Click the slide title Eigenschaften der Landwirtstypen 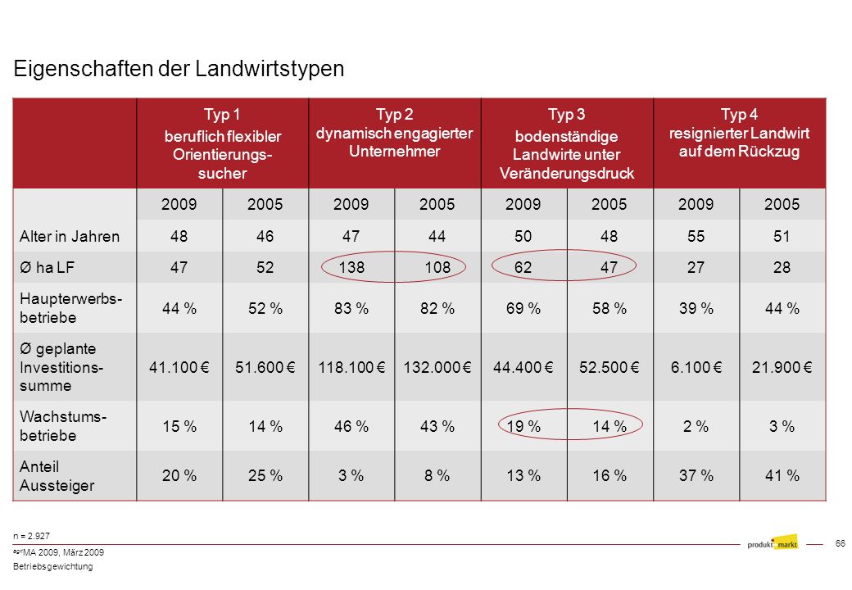179,69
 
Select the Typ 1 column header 222,143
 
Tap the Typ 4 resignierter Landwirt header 739,133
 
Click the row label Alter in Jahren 70,236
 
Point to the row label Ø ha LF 47,267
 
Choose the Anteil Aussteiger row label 57,476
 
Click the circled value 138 351,267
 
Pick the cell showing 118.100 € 351,367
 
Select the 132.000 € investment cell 437,367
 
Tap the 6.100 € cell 696,367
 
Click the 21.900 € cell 782,367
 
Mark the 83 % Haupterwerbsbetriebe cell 351,309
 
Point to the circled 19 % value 523,426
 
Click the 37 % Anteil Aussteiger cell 696,476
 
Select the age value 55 696,236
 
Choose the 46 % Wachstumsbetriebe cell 351,426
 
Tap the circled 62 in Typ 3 523,267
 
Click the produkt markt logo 772,542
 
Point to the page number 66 840,543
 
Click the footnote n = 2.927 31,536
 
